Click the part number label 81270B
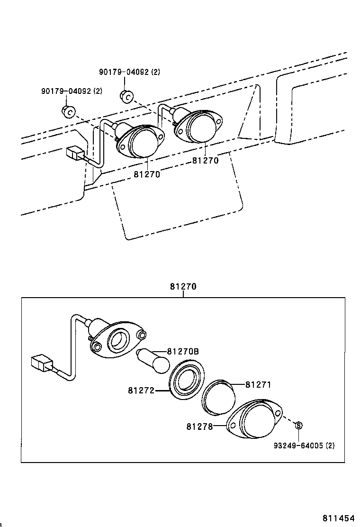click(182, 352)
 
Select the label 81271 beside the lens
click(258, 385)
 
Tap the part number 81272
click(141, 391)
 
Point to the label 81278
click(199, 427)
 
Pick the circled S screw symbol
click(299, 426)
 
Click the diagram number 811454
click(340, 518)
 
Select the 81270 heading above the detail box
click(183, 287)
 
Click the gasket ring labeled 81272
click(187, 381)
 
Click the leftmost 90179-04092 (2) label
click(71, 91)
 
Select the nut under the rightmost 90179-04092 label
click(126, 96)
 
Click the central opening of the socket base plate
click(118, 339)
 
